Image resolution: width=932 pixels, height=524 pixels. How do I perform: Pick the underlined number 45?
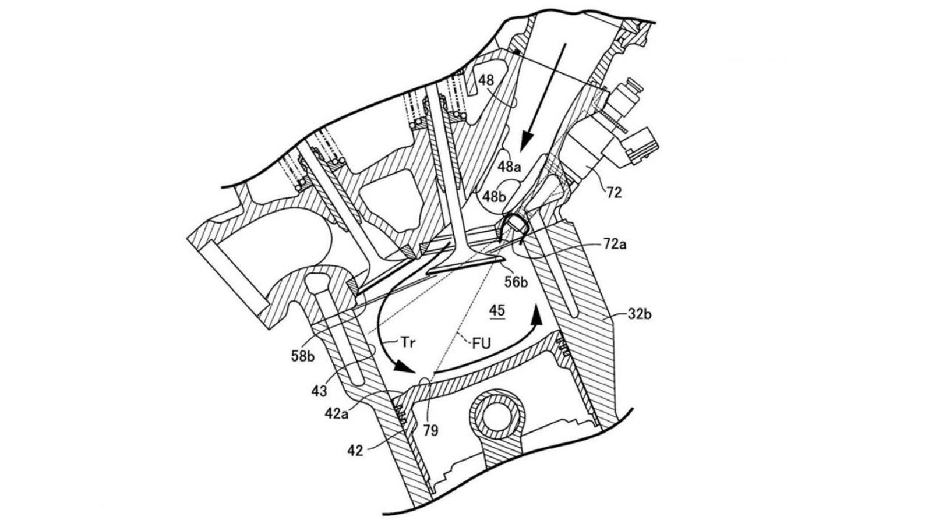coord(497,311)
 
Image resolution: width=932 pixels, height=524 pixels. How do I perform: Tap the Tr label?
coord(407,343)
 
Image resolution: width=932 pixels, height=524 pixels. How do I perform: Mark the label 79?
coord(430,430)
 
